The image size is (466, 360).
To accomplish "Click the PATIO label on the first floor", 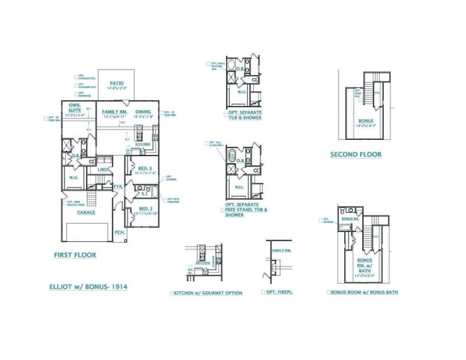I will click(x=116, y=83).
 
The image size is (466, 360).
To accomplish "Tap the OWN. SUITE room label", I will click(x=74, y=108).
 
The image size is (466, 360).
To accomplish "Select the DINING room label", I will click(x=143, y=111).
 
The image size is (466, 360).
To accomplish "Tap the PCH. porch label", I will click(x=119, y=232).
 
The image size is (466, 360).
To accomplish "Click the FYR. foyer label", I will click(x=117, y=186).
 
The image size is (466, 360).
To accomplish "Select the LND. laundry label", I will click(x=102, y=170).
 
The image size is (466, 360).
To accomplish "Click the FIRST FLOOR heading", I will click(x=75, y=255).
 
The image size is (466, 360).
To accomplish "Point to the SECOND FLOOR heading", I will click(x=356, y=154).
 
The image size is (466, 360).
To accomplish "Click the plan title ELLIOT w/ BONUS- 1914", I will click(x=89, y=287).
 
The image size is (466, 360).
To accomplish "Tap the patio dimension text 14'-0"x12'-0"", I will click(x=116, y=89).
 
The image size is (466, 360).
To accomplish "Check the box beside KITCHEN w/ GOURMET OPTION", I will click(x=172, y=292).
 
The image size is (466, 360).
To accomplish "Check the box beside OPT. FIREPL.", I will click(x=263, y=292).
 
